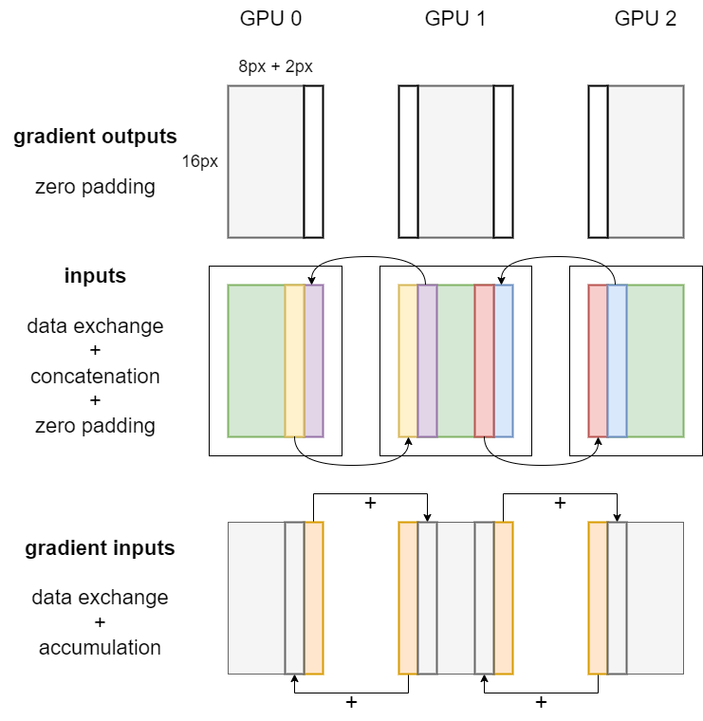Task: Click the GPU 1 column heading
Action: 455,18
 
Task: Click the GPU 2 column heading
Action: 645,18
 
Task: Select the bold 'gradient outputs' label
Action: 95,137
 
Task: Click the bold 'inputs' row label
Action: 95,276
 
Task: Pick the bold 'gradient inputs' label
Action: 100,548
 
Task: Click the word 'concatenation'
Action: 95,376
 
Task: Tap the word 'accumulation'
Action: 100,648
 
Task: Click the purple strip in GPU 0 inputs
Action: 314,360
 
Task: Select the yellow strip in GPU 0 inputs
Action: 294,360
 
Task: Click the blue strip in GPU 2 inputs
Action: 617,360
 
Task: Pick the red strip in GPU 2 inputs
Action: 598,360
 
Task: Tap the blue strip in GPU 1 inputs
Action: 504,360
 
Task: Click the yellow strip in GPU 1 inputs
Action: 408,360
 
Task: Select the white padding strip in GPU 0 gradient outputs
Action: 313,161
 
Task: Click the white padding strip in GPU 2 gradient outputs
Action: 598,161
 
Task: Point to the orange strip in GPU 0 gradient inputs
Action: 314,598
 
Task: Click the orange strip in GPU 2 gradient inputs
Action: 598,598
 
